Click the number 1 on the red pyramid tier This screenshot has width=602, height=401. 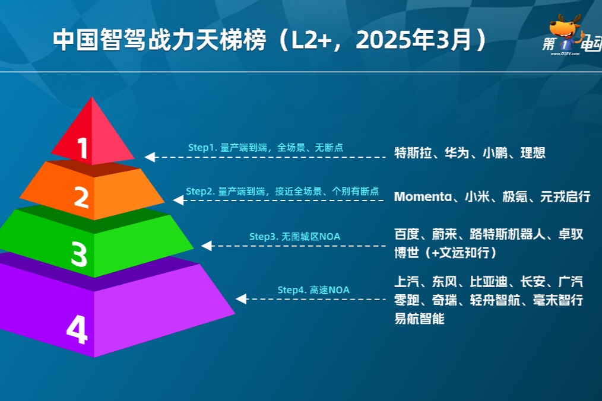[83, 148]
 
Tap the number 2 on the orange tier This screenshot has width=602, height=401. [82, 197]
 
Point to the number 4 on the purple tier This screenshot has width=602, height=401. [77, 330]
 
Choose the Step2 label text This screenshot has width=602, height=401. [282, 191]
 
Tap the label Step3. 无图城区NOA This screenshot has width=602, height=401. [294, 236]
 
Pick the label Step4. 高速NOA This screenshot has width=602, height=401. [313, 289]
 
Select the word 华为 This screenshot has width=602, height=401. [457, 153]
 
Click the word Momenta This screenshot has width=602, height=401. [423, 197]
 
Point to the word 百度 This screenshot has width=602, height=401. [407, 234]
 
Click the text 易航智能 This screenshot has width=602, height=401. [419, 319]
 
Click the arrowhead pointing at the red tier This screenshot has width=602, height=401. [150, 157]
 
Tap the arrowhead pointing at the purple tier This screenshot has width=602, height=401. [241, 299]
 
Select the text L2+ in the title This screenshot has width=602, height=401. [300, 40]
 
